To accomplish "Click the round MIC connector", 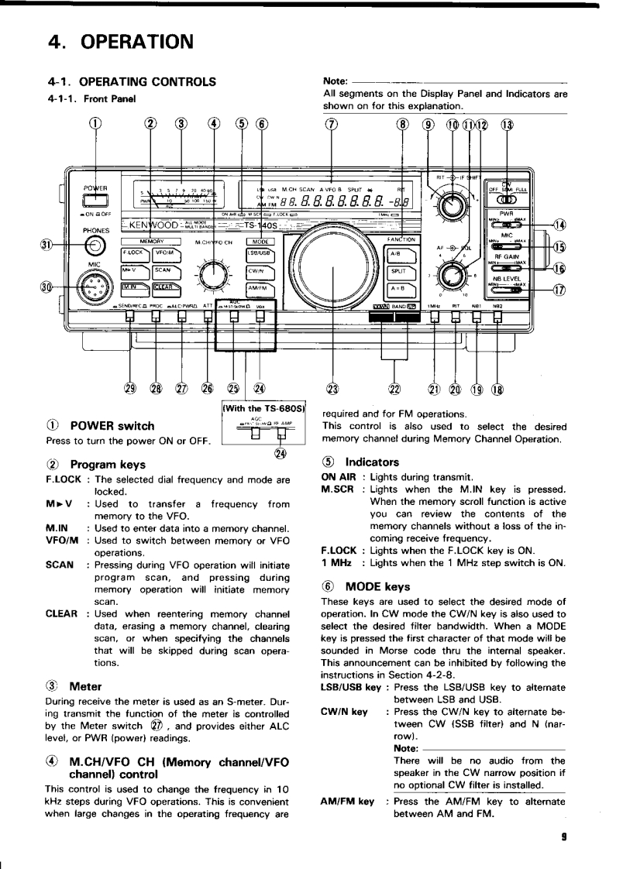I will coord(95,290).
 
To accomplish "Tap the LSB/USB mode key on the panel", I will coord(256,252).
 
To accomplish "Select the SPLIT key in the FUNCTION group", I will coord(399,272).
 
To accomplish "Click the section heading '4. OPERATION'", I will coord(120,40).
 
